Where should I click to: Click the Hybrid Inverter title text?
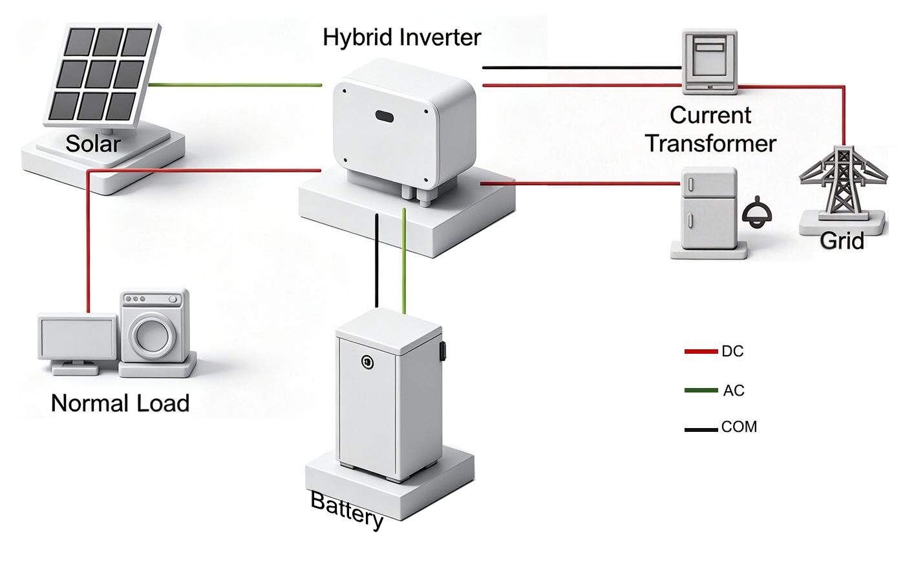point(401,38)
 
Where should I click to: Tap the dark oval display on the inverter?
point(384,117)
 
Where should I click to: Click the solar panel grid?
point(103,75)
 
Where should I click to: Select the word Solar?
point(93,143)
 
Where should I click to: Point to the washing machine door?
point(151,334)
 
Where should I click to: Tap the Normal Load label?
point(120,403)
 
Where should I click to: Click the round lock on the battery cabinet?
point(367,362)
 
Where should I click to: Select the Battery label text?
point(346,510)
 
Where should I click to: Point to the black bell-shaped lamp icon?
point(757,213)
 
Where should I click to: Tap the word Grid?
point(842,241)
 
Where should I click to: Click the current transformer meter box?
point(710,62)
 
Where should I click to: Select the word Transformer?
point(710,143)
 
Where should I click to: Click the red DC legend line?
point(701,352)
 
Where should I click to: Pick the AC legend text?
point(734,391)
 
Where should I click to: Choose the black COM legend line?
point(701,430)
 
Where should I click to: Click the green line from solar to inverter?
point(235,85)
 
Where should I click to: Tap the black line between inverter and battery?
point(376,261)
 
